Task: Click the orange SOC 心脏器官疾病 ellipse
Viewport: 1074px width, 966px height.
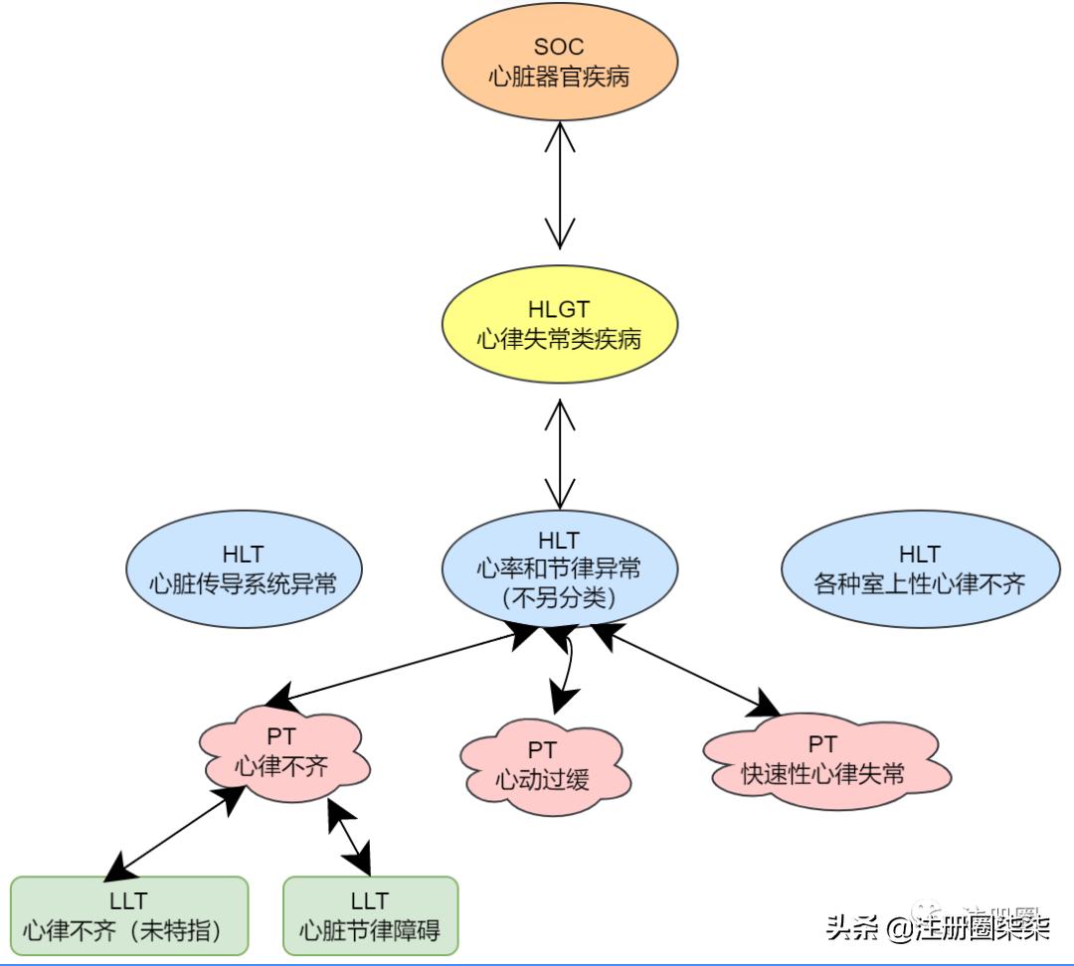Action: (x=560, y=62)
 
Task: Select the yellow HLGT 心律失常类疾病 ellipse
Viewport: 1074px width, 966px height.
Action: (x=560, y=325)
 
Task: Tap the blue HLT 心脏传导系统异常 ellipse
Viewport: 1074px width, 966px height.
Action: (x=243, y=568)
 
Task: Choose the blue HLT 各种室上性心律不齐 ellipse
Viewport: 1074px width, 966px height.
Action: (x=919, y=568)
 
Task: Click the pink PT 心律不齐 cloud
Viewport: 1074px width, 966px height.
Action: (x=281, y=753)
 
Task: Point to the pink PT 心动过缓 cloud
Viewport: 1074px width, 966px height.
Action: (x=542, y=763)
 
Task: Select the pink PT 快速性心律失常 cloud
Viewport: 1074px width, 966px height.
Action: (x=822, y=757)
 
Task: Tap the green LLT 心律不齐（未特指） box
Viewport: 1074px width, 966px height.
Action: (x=128, y=915)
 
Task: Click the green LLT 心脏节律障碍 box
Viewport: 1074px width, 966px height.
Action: (x=370, y=915)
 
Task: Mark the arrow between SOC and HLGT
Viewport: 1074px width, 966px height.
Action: (x=560, y=184)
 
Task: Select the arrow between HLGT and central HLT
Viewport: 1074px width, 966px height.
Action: (x=560, y=453)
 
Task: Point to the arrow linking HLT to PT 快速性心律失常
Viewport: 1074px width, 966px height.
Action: (x=686, y=670)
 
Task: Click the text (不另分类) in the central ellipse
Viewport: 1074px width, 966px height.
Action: (x=560, y=598)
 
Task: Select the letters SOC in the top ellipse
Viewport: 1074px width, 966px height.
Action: (x=560, y=47)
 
